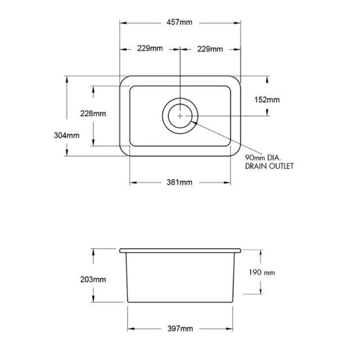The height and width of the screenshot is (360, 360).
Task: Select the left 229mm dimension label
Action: tap(150, 49)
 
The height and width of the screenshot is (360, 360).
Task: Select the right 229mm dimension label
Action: tap(210, 49)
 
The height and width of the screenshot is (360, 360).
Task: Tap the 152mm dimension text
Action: tap(267, 100)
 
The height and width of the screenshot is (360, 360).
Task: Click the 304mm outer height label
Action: tap(66, 136)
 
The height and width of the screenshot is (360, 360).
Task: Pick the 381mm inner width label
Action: tap(180, 182)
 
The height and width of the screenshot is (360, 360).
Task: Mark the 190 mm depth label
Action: tap(262, 273)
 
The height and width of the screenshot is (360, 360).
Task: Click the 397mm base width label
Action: tap(180, 328)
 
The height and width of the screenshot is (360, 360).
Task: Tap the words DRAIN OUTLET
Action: tap(269, 166)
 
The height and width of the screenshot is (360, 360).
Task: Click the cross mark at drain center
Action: tap(180, 115)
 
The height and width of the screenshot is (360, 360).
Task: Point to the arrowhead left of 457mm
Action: tap(122, 22)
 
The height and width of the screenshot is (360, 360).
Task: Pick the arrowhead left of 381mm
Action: tap(133, 182)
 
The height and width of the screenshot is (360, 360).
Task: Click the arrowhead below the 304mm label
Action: tap(66, 153)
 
